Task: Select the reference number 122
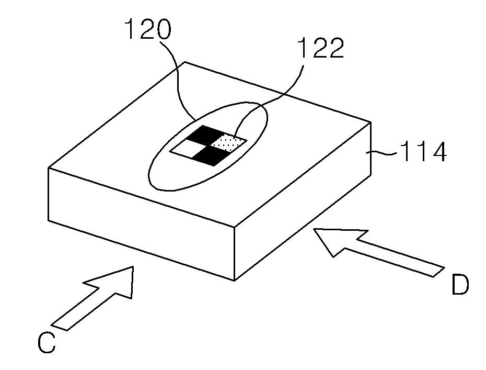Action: pyautogui.click(x=320, y=48)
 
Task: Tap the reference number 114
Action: pyautogui.click(x=423, y=153)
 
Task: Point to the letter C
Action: pyautogui.click(x=47, y=343)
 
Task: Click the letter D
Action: pyautogui.click(x=460, y=285)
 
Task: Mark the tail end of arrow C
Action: pyautogui.click(x=60, y=324)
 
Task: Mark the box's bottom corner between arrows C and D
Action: pyautogui.click(x=234, y=281)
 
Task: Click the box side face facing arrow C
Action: pyautogui.click(x=141, y=220)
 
